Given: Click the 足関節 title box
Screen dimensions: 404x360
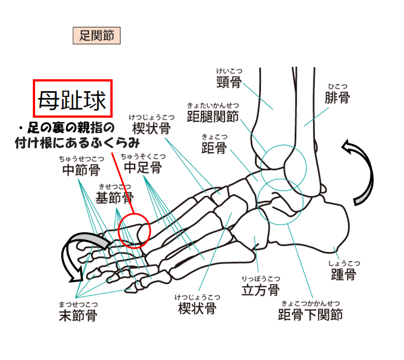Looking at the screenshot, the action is [97, 35].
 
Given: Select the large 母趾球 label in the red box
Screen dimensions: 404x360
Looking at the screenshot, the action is [72, 100].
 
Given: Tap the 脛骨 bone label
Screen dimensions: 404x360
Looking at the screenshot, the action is [229, 82].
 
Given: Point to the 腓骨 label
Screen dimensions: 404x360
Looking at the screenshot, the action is [337, 97].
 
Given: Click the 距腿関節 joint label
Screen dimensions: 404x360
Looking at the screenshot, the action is [213, 116].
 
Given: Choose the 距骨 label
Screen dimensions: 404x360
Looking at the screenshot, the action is [214, 148].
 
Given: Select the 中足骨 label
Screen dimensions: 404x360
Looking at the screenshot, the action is [143, 168].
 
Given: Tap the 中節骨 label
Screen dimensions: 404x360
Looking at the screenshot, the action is [81, 170].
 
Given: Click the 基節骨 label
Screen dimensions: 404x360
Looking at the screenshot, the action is [115, 198].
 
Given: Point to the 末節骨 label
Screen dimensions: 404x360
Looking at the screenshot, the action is [78, 315].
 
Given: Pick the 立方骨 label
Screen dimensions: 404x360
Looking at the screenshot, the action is [260, 290].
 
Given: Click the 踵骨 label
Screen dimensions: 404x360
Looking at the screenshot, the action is [343, 274].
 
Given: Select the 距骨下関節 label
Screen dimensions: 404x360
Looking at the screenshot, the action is [311, 314].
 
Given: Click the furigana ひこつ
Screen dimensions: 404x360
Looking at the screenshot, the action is [338, 87].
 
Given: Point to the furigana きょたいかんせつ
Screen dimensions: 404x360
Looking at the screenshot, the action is [213, 105].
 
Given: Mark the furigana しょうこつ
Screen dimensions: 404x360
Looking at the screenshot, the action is [344, 263].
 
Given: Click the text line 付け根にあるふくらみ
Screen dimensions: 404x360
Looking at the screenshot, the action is [78, 143].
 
